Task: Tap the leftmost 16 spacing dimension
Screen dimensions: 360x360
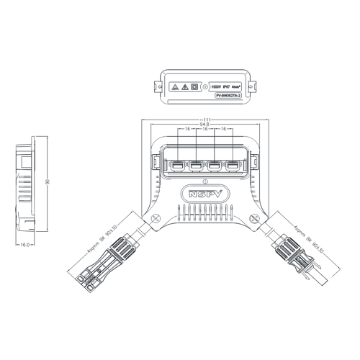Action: [x=187, y=130]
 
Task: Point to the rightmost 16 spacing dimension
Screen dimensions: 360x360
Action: [x=224, y=130]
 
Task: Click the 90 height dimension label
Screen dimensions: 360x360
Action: [x=48, y=184]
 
